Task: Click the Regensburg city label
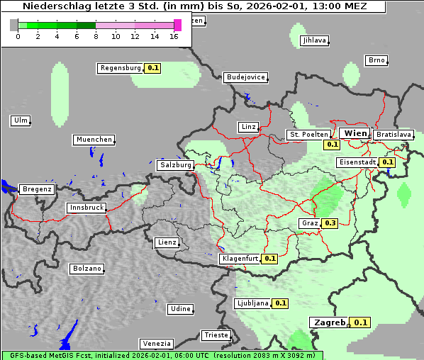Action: [x=121, y=68]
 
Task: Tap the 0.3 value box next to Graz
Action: [x=330, y=223]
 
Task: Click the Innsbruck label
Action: [x=87, y=208]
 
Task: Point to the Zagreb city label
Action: [x=329, y=322]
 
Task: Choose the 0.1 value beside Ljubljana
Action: [x=281, y=303]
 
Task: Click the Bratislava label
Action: [x=393, y=134]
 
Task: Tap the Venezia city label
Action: [x=155, y=343]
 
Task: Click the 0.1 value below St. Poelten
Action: [x=332, y=145]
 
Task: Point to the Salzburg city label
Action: [x=175, y=165]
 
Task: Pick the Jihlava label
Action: [x=314, y=40]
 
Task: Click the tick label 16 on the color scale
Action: [x=174, y=36]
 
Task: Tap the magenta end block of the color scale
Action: [x=177, y=25]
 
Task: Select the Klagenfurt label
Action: [x=240, y=259]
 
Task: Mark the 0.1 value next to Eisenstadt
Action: [x=387, y=162]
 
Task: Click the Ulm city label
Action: [x=21, y=120]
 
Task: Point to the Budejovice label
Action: [x=245, y=77]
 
